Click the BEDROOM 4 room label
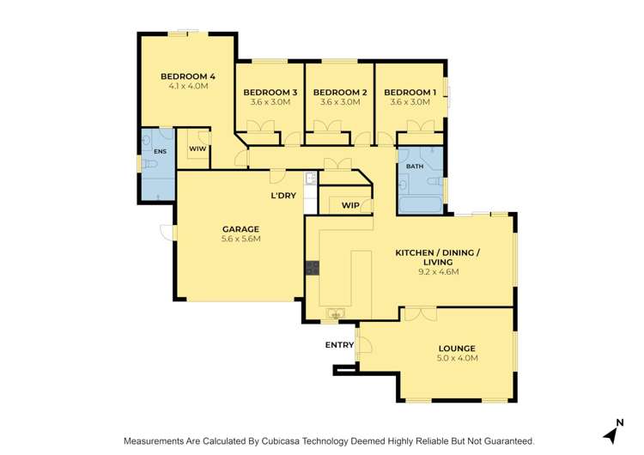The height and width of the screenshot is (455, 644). [x=187, y=76]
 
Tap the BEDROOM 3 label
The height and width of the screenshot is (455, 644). [x=270, y=92]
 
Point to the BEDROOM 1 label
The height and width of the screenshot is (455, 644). [x=410, y=92]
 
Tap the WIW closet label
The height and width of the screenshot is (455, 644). [x=197, y=149]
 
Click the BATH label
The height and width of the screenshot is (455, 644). [x=415, y=166]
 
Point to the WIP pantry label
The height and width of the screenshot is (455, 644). [x=350, y=205]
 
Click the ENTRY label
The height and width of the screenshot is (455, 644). [x=339, y=344]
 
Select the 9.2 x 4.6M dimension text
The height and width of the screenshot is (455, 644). [x=438, y=272]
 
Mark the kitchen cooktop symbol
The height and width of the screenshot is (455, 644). [x=311, y=267]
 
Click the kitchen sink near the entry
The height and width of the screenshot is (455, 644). [x=337, y=312]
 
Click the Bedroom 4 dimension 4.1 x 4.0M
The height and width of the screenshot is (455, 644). [x=187, y=87]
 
